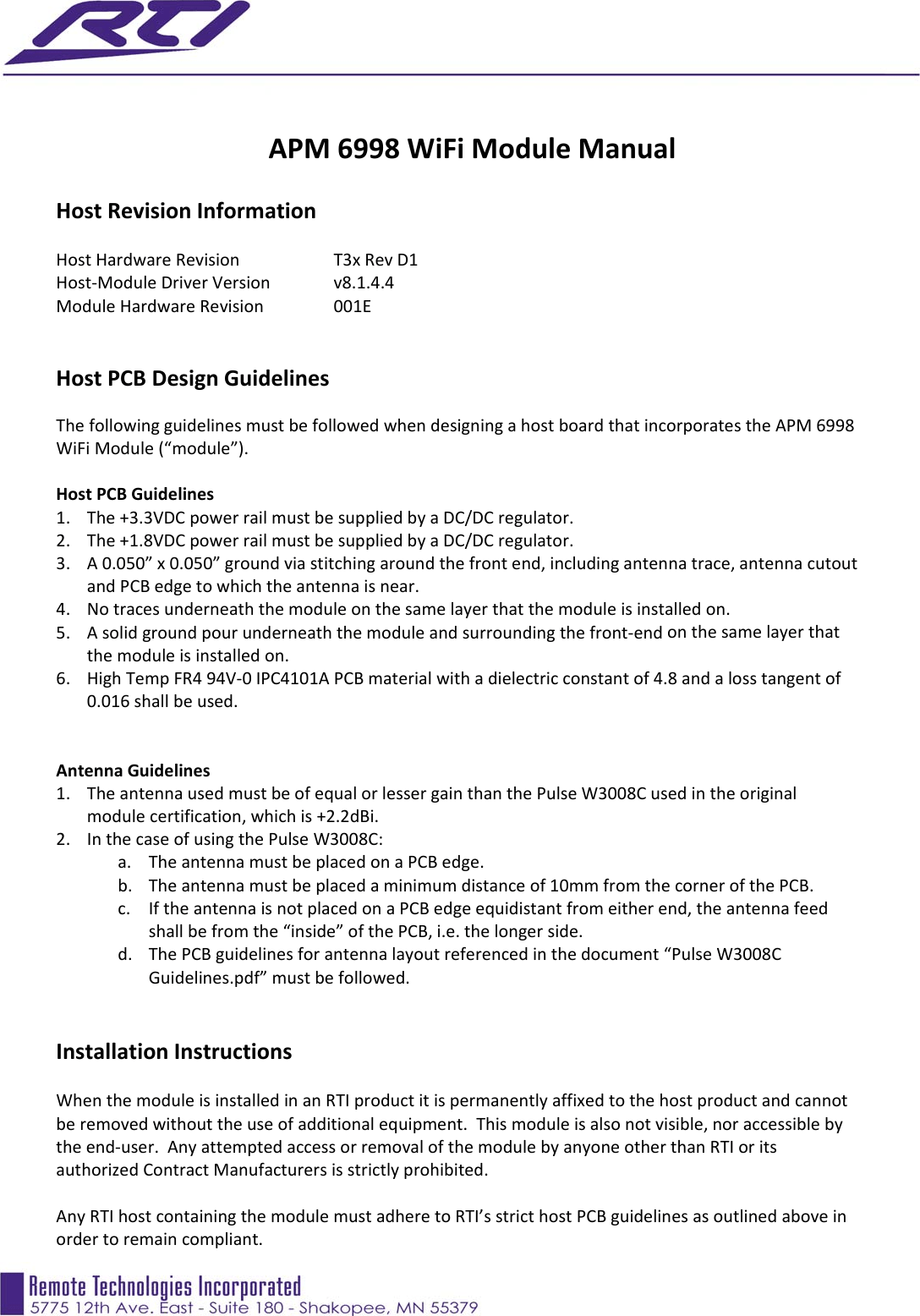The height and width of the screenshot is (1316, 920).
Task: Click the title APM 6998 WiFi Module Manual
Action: (472, 149)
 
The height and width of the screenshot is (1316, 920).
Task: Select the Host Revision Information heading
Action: (186, 211)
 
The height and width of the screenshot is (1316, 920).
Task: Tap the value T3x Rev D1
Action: (375, 260)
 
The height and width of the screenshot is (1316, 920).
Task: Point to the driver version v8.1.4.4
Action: (364, 282)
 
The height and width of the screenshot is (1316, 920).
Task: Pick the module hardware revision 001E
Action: (352, 306)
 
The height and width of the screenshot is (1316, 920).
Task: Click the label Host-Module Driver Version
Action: (163, 282)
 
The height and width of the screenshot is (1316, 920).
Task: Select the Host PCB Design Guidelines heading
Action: (193, 379)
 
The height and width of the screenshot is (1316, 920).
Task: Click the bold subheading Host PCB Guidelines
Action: (135, 494)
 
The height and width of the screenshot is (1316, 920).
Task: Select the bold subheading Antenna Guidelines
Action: (133, 770)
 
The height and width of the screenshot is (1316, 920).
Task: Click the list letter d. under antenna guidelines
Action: (125, 954)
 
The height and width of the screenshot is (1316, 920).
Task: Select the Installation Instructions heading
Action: (174, 1052)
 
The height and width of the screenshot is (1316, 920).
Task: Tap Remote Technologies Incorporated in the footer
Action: (165, 1286)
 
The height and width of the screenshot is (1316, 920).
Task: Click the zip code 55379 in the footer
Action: (453, 1308)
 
